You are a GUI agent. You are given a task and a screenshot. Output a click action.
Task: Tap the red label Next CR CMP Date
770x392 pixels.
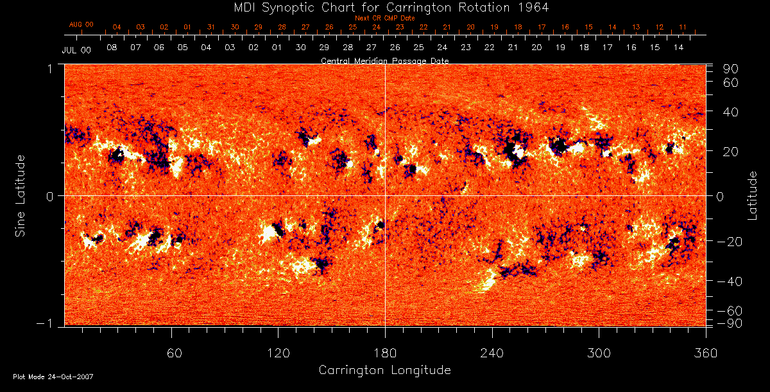[385, 18]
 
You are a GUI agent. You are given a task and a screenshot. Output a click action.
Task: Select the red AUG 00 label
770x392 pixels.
[81, 24]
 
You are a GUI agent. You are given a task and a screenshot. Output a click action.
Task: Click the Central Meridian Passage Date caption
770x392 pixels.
[384, 60]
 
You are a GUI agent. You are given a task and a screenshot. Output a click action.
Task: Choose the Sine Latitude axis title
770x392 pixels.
[21, 195]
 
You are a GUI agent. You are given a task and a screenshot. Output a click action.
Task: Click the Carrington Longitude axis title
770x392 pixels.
[384, 370]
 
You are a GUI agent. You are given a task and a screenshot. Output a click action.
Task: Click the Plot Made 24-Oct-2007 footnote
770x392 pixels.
[53, 377]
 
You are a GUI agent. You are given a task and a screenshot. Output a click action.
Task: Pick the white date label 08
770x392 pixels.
[112, 48]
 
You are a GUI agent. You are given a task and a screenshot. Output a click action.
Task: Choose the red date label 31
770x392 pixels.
[211, 28]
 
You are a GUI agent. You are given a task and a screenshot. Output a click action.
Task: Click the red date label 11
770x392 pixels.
[683, 28]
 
